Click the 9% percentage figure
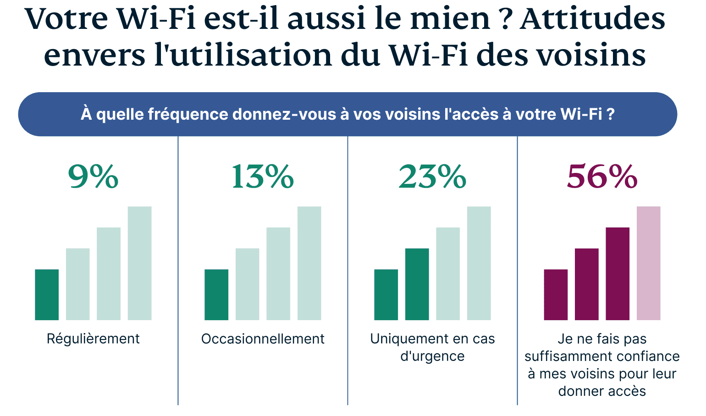pos(94,177)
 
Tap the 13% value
pos(262,177)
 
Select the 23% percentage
pos(432,177)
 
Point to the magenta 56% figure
pos(602,177)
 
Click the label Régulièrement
pos(93,339)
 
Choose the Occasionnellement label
pos(263,339)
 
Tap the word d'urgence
pos(432,356)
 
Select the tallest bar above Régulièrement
pos(139,263)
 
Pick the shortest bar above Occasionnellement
pos(216,294)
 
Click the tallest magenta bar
pos(648,263)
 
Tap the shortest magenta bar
pos(556,294)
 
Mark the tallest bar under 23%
pos(479,263)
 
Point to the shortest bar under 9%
pos(47,294)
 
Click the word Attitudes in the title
pos(592,19)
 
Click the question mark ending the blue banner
pos(610,114)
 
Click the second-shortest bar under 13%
pos(248,284)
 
